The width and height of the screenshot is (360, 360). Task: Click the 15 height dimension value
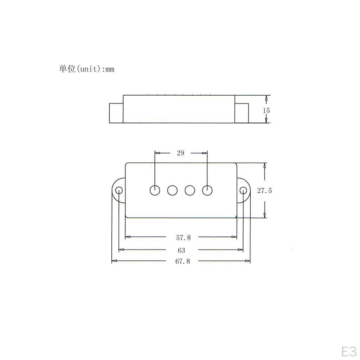click(266, 110)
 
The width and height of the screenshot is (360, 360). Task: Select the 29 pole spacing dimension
click(180, 153)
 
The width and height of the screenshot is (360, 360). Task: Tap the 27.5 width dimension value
click(264, 191)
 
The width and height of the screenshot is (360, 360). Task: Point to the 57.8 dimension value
click(183, 238)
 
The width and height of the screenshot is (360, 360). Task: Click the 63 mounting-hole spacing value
click(181, 250)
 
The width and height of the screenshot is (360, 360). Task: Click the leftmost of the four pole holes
click(155, 190)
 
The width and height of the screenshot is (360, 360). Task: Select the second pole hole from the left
click(172, 190)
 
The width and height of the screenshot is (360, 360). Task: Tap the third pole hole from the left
click(190, 190)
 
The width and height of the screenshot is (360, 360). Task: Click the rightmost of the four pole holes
click(207, 190)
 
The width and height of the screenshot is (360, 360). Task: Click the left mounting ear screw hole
click(119, 191)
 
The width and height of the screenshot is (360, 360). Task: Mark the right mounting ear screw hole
click(243, 191)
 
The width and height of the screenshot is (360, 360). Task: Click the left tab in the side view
click(116, 113)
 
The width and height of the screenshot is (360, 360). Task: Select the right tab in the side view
click(242, 113)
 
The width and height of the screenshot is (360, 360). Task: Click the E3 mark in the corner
click(348, 351)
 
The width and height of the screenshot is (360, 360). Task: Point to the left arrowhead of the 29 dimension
click(157, 153)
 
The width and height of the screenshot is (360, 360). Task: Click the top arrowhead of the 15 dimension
click(266, 98)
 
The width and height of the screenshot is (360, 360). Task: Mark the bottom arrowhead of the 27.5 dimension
click(265, 215)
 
